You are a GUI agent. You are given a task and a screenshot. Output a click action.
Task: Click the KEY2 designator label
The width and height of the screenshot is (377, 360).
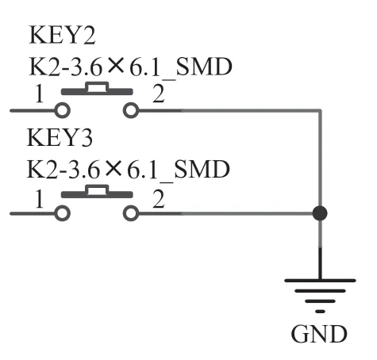tap(62, 35)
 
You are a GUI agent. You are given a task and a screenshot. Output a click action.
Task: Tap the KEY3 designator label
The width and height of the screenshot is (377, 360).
tap(60, 137)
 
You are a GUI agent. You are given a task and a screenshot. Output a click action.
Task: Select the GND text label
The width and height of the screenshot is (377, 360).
tap(319, 334)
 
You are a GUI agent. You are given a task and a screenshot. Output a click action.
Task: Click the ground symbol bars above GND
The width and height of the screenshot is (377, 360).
tap(320, 296)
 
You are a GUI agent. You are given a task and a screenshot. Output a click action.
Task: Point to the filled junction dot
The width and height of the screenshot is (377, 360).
tap(320, 213)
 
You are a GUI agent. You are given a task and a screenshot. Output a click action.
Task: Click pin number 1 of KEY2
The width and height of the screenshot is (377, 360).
tap(39, 94)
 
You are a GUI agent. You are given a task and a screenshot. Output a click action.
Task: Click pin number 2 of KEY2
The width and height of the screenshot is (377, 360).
tap(159, 94)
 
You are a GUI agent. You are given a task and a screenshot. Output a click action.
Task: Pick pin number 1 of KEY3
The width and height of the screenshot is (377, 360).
tap(39, 198)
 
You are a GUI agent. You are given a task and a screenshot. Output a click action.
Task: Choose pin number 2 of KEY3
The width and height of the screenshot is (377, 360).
tap(159, 198)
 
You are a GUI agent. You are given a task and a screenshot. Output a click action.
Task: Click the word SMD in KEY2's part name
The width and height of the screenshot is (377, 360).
tap(204, 67)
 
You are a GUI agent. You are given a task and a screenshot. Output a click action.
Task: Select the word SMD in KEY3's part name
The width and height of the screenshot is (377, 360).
tap(202, 169)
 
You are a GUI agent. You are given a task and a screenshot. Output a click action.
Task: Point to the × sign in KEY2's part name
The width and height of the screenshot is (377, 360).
tap(116, 66)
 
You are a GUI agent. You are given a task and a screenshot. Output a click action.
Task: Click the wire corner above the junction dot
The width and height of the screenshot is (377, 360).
tap(320, 110)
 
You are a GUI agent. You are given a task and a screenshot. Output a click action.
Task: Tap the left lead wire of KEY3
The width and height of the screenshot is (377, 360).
tap(33, 213)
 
